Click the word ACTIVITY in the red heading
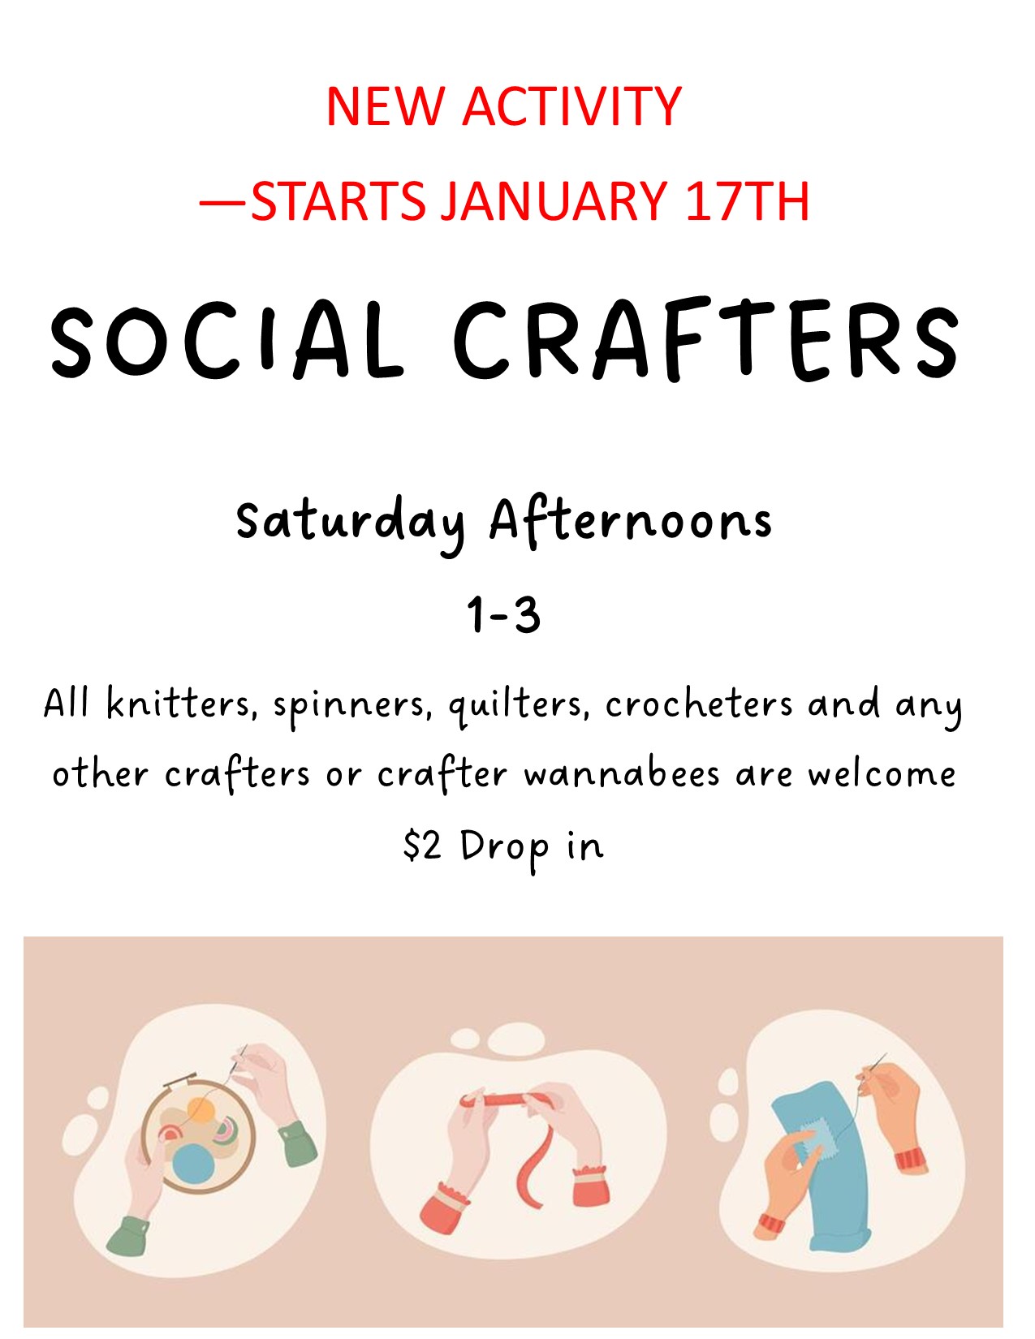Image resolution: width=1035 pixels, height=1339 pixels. tap(571, 106)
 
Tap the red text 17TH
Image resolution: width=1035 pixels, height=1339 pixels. tap(747, 201)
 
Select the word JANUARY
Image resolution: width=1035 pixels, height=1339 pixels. tap(554, 201)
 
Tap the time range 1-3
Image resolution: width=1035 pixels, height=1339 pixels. tap(504, 615)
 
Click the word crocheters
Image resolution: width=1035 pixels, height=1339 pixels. tap(698, 703)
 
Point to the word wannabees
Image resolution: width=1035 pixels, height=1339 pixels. tap(622, 773)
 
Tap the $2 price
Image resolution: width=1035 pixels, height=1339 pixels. tap(423, 846)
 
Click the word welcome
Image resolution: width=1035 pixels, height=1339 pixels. tap(882, 773)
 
